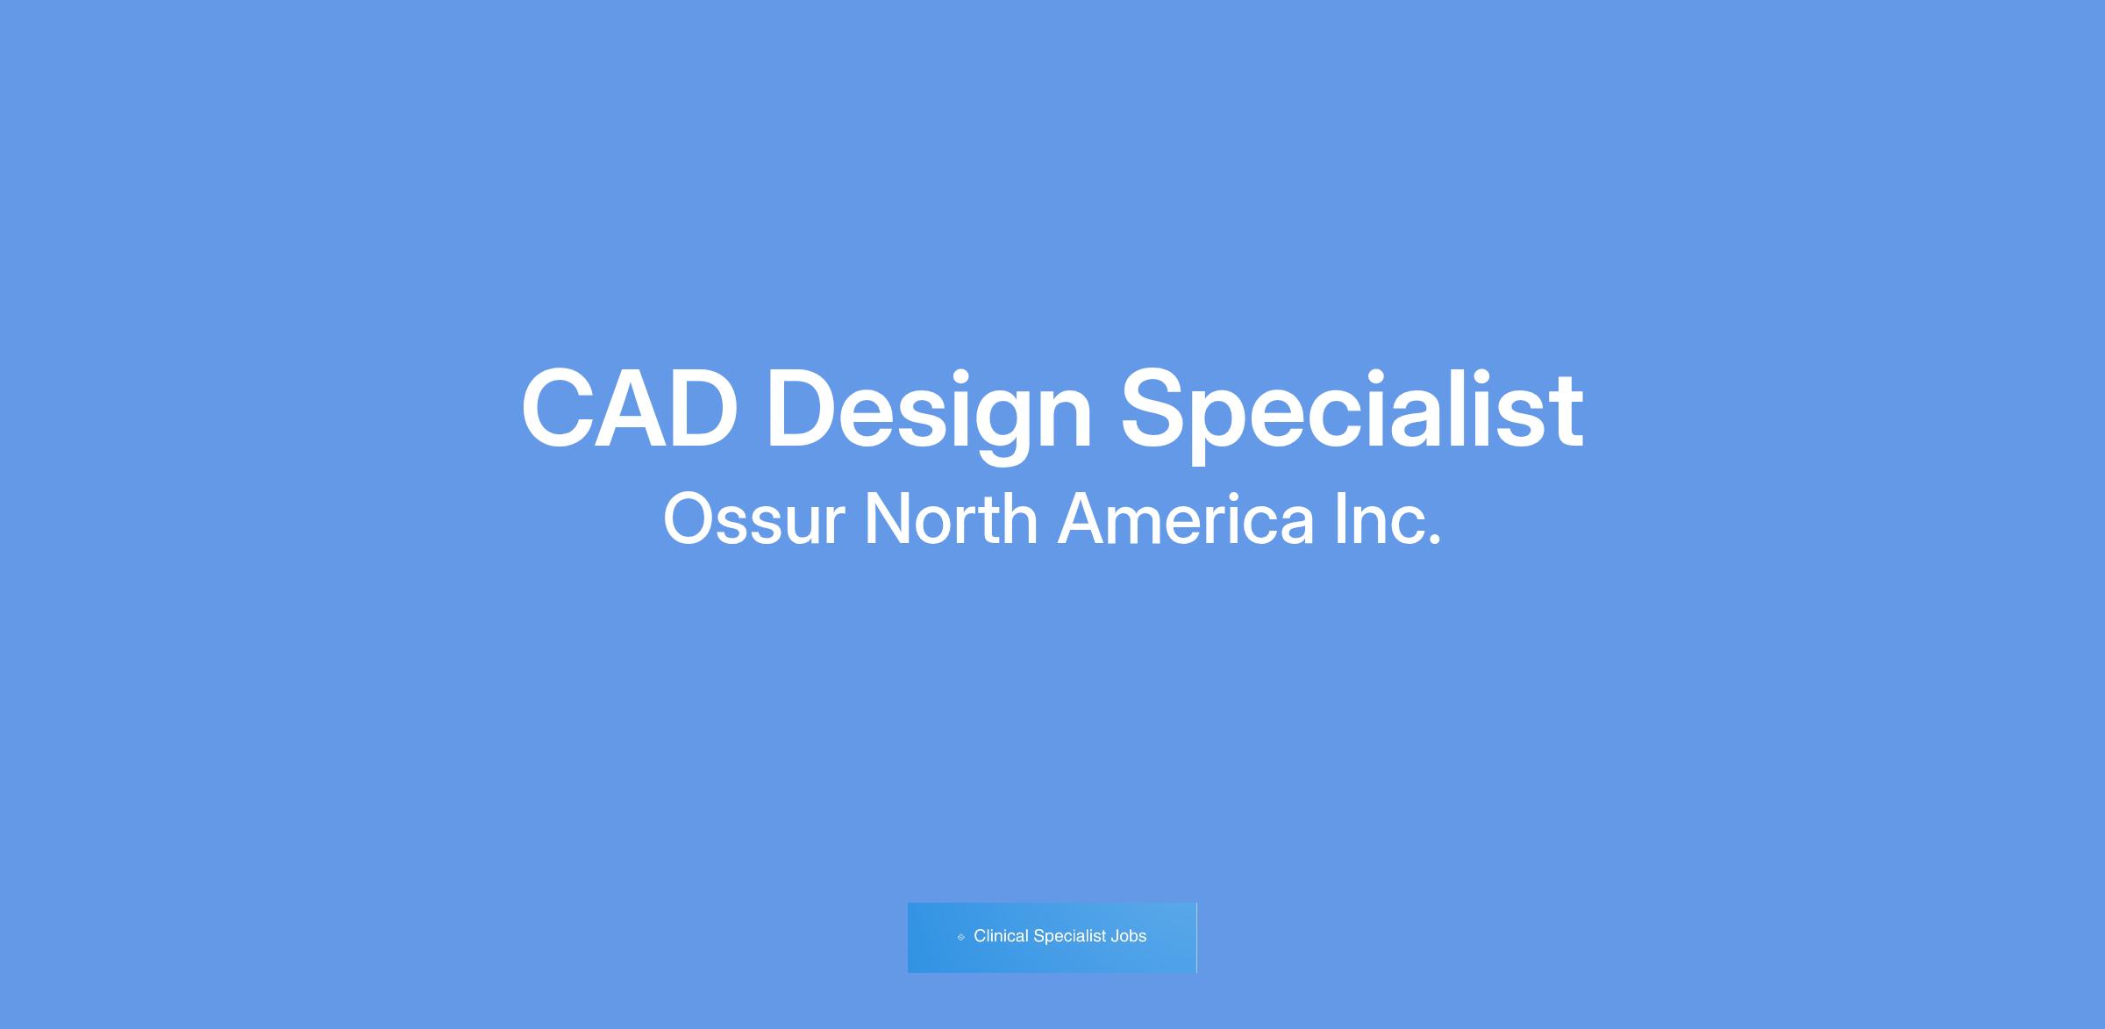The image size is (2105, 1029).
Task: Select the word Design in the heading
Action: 930,415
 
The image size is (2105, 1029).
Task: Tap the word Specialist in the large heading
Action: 1352,415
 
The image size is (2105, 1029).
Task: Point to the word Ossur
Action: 753,519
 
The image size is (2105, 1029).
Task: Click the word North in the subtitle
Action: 951,518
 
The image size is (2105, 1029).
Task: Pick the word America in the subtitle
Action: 1186,518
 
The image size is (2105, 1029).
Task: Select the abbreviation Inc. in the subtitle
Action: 1388,518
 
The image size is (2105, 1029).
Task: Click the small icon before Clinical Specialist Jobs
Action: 960,937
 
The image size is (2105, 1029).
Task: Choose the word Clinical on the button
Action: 1001,936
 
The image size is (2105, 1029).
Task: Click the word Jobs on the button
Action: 1128,936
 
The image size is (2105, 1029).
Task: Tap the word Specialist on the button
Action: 1069,937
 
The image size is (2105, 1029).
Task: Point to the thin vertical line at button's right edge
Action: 1196,938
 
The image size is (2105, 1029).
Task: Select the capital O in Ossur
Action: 691,519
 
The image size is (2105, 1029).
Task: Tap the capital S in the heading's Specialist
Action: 1157,409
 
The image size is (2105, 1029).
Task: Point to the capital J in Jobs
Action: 1115,936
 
